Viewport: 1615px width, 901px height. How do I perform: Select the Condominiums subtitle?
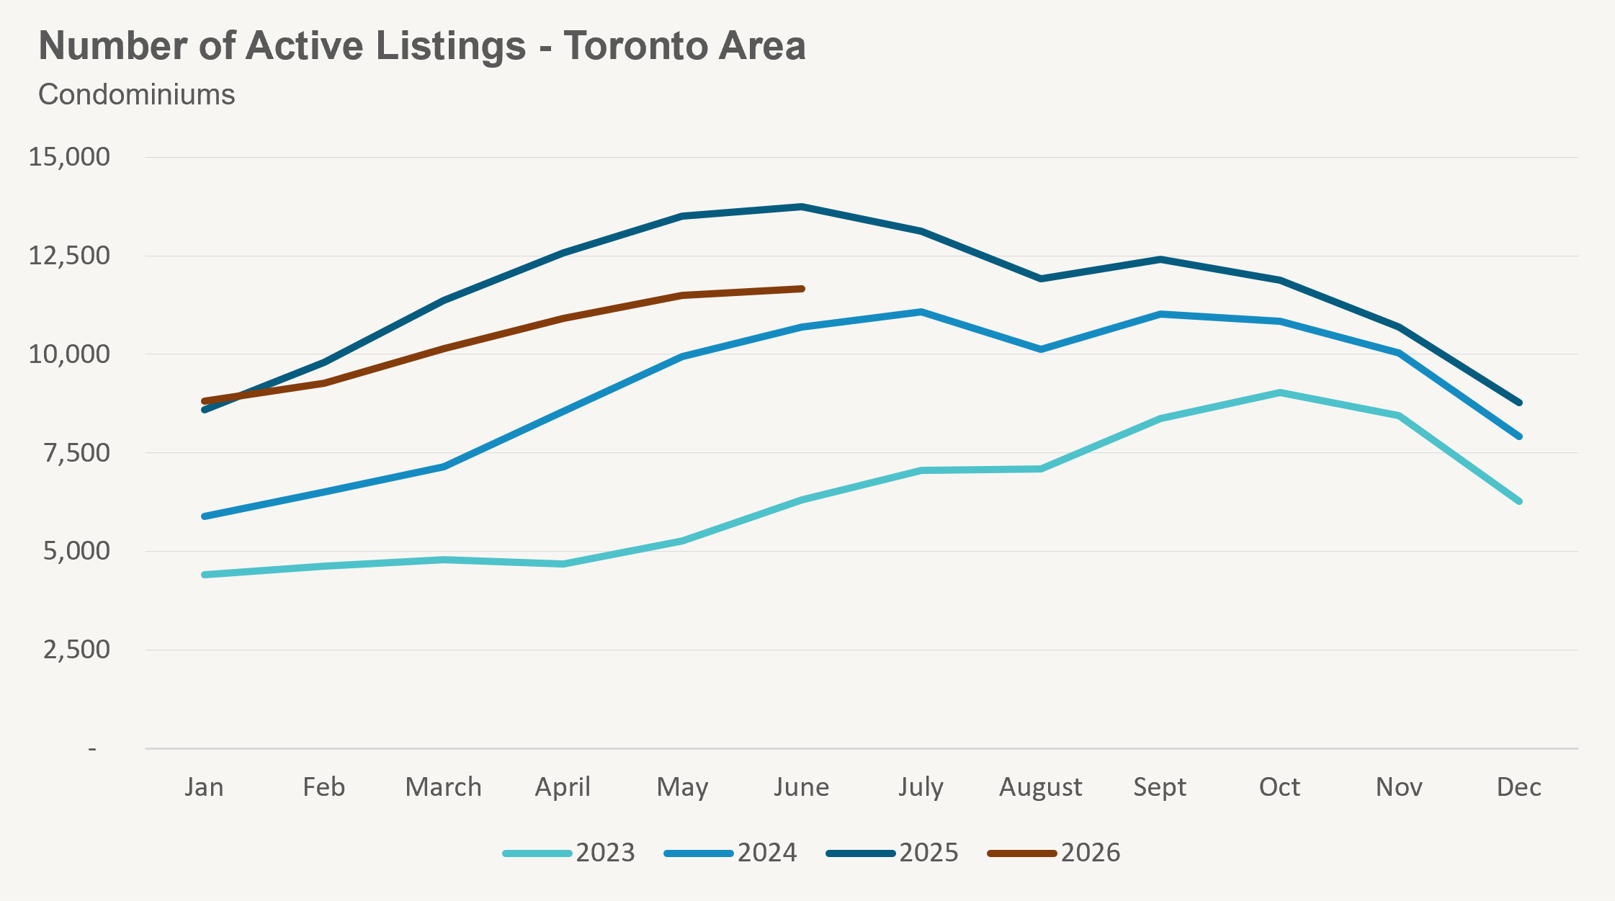click(137, 94)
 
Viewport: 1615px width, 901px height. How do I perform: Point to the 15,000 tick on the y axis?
click(69, 156)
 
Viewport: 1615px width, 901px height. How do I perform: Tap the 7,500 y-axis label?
click(76, 452)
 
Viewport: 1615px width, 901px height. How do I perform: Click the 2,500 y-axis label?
click(76, 649)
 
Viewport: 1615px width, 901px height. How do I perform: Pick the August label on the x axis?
click(1041, 788)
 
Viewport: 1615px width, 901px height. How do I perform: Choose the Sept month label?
click(1160, 787)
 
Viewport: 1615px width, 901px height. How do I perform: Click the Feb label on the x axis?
click(323, 786)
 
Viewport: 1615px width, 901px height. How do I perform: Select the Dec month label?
click(1519, 786)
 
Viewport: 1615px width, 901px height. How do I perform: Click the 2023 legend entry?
click(569, 853)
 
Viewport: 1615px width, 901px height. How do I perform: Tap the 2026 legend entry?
click(1054, 853)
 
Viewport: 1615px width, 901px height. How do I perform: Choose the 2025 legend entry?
click(892, 853)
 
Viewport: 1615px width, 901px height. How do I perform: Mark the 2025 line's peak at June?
click(802, 207)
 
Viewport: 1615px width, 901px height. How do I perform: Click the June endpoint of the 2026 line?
click(802, 289)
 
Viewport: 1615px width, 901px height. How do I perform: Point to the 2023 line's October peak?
click(1280, 393)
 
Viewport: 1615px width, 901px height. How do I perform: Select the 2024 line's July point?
click(921, 312)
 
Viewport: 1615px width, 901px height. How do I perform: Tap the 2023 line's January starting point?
click(205, 575)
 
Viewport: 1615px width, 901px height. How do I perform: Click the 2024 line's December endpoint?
click(1519, 436)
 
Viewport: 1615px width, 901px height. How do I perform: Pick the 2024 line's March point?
click(444, 467)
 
